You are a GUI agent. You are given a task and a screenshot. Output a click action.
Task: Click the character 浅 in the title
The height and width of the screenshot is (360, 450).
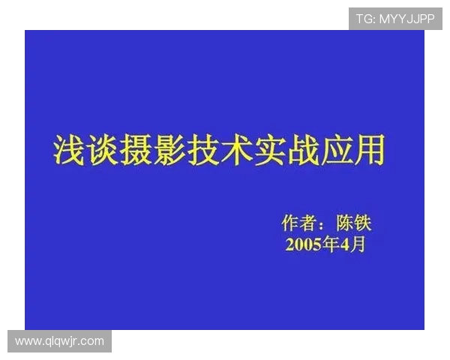(x=69, y=150)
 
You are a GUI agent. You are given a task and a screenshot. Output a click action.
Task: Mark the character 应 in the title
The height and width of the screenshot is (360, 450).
(x=335, y=150)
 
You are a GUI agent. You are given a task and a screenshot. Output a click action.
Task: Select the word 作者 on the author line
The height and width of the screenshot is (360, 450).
(x=298, y=223)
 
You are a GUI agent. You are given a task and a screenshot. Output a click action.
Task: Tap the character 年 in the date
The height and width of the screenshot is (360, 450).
(x=331, y=244)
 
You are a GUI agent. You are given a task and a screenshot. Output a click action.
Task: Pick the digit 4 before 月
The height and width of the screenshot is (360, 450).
(x=345, y=244)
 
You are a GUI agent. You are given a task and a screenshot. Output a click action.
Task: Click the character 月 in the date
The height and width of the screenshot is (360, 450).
(x=358, y=244)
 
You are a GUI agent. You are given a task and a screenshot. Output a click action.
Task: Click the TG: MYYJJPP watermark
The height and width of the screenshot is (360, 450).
(x=394, y=19)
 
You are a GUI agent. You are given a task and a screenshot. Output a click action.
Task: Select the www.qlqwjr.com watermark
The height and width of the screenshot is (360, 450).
(x=59, y=341)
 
